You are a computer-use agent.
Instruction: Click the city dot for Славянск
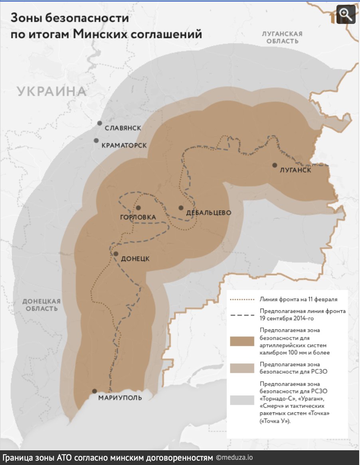[x=99, y=123]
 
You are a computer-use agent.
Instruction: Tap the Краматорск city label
[x=124, y=146]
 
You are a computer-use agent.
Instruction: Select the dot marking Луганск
[x=275, y=165]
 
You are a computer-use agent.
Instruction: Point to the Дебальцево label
[x=209, y=213]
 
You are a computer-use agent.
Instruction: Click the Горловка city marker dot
[x=138, y=208]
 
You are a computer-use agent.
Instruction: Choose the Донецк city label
[x=135, y=258]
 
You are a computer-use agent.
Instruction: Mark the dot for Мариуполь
[x=94, y=391]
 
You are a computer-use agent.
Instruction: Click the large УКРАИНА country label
[x=52, y=91]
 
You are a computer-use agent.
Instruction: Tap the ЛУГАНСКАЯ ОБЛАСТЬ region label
[x=282, y=37]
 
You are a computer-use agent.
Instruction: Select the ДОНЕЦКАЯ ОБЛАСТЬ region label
[x=42, y=305]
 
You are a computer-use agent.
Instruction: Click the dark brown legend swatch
[x=242, y=341]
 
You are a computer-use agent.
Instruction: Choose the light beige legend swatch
[x=242, y=368]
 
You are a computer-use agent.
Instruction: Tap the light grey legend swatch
[x=242, y=400]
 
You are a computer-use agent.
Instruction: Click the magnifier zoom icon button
[x=346, y=14]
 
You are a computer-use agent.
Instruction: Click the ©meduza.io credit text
[x=235, y=457]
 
